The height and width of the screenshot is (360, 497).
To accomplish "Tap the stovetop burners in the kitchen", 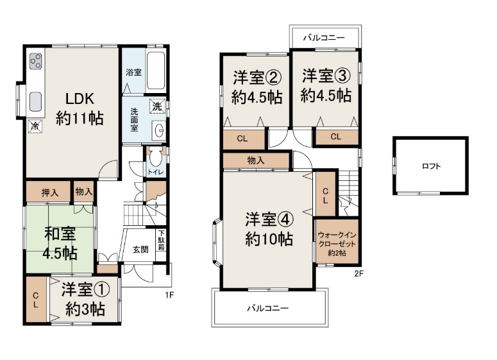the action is tap(35, 61).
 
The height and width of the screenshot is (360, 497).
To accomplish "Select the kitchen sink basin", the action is tap(35, 101).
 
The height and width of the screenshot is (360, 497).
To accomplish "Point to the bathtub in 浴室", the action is tap(156, 71).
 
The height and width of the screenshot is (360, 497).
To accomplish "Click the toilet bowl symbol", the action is tap(155, 158).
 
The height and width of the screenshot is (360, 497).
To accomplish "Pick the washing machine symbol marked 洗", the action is tap(157, 107).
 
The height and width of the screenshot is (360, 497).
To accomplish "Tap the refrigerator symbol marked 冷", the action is tap(35, 126).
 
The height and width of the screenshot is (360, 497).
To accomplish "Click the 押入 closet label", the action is tap(50, 193).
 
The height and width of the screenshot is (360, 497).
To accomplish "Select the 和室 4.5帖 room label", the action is tap(60, 244).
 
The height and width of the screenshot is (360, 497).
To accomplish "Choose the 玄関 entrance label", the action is tap(140, 249).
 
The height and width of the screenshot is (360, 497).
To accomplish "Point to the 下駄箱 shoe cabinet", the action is tap(162, 240).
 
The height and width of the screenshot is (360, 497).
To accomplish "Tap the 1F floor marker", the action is tap(169, 295).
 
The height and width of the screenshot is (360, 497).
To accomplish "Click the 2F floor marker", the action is tap(359, 273).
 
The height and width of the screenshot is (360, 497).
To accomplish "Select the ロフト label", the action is tap(432, 166).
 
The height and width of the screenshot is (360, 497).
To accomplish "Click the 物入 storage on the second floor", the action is tap(256, 160).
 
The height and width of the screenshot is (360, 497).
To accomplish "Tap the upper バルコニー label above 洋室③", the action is tap(324, 38).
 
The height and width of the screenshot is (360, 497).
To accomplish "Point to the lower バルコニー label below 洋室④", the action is tap(268, 308).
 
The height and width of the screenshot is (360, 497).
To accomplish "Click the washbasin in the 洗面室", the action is tap(158, 130).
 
